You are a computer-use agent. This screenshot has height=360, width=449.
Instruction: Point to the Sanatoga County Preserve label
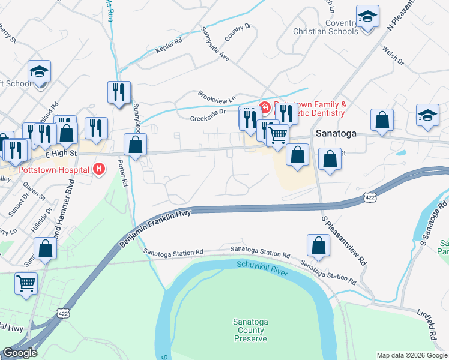click(250, 331)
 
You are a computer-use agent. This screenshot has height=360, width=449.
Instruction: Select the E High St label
click(62, 154)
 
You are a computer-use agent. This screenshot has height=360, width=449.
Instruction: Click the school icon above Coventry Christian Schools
click(367, 17)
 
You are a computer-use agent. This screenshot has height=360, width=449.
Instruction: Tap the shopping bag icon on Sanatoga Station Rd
click(318, 245)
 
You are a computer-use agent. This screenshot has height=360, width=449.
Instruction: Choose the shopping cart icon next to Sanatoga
click(277, 135)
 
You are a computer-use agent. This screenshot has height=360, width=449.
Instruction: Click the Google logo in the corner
click(20, 353)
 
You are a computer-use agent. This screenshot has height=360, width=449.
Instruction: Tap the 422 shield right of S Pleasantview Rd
click(370, 197)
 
